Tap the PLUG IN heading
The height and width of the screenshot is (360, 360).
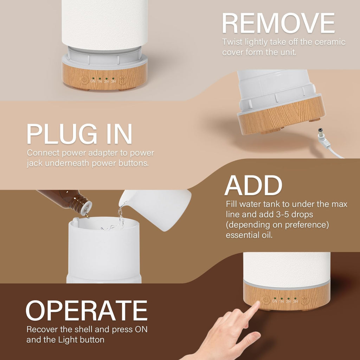click(x=79, y=134)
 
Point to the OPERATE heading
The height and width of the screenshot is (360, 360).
click(x=86, y=311)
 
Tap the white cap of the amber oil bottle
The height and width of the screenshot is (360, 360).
click(x=85, y=210)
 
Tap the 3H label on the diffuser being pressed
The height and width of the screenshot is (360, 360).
click(x=295, y=301)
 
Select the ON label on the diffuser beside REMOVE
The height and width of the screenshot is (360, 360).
click(x=93, y=81)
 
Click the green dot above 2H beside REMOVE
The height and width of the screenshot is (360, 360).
click(x=107, y=78)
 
